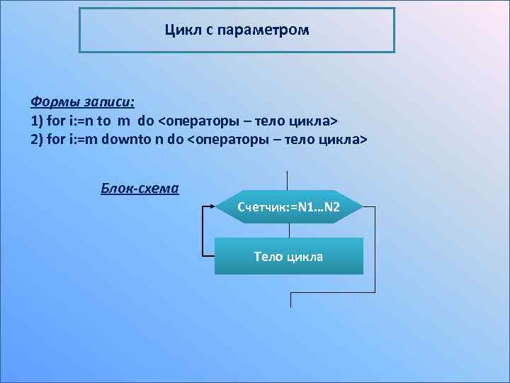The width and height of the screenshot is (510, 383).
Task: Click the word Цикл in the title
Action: click(x=180, y=30)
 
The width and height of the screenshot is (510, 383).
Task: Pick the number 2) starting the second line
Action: click(x=37, y=139)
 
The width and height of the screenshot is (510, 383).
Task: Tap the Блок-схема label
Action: click(x=140, y=189)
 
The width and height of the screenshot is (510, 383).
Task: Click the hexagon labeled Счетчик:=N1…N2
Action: click(x=289, y=207)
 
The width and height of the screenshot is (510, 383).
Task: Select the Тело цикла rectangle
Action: click(x=289, y=256)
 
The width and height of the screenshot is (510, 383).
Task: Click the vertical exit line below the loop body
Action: click(x=290, y=299)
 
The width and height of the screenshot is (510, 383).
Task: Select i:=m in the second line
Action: click(x=84, y=139)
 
